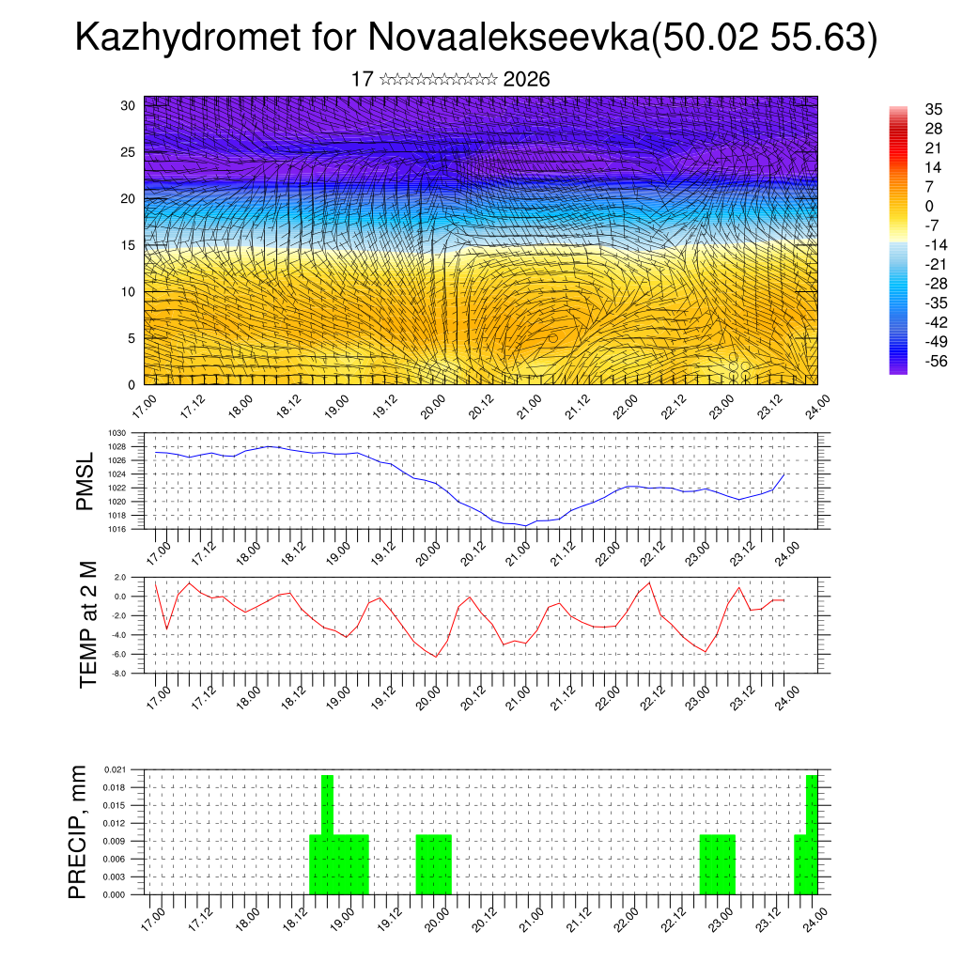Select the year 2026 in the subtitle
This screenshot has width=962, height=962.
point(526,80)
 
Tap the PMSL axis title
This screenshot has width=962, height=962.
point(85,482)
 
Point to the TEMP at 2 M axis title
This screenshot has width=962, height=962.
point(88,625)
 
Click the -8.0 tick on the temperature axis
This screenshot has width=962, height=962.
point(119,674)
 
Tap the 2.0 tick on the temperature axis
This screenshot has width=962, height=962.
point(120,577)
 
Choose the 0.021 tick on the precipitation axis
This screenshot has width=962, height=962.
point(115,769)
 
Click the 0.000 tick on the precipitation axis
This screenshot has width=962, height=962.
point(115,894)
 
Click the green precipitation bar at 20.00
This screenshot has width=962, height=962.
point(434,864)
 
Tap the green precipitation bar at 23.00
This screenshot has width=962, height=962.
point(718,864)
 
